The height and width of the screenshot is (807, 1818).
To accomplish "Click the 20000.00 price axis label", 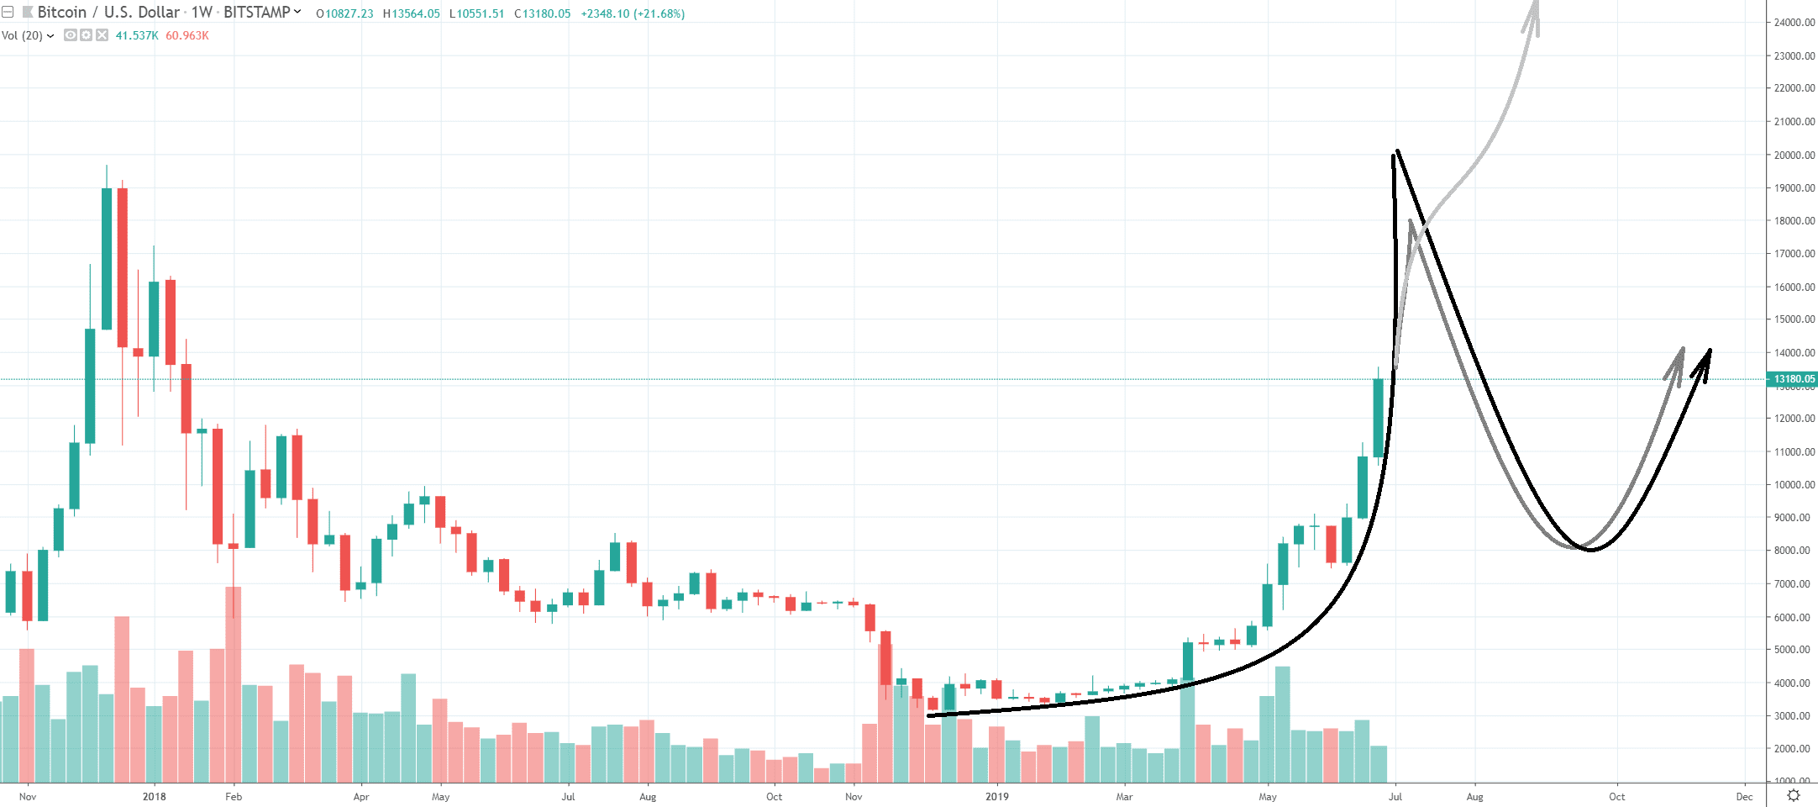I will click(x=1794, y=155).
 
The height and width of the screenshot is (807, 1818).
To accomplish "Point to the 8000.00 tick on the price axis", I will click(x=1792, y=551).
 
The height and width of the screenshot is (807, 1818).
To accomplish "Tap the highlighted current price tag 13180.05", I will click(x=1794, y=379).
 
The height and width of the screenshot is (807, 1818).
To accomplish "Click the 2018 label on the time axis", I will click(x=154, y=796).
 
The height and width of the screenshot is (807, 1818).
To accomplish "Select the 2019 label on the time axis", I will click(x=997, y=796).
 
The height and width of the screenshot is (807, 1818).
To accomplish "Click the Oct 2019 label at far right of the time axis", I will click(x=1616, y=796).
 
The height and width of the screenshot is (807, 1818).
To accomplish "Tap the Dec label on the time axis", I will click(x=1744, y=796).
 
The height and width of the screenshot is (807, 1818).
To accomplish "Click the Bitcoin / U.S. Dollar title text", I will click(x=108, y=13).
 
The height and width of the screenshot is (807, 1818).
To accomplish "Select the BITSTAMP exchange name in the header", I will click(x=256, y=13).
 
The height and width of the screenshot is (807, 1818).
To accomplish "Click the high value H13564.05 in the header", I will click(x=411, y=13).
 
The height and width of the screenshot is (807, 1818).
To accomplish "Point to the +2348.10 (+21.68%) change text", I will click(x=633, y=13).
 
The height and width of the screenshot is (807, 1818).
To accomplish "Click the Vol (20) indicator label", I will click(x=23, y=35).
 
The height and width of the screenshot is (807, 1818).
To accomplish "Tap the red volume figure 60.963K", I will click(x=187, y=35).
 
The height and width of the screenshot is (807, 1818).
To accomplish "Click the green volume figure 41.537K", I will click(x=137, y=35).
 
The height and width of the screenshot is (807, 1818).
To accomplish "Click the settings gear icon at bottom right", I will click(x=1793, y=795).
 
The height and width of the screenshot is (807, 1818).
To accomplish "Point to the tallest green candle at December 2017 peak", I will click(x=107, y=258).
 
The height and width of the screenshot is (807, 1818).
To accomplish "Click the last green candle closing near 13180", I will click(x=1378, y=418).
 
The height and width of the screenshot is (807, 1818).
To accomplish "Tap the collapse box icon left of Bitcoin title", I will click(x=8, y=13).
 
